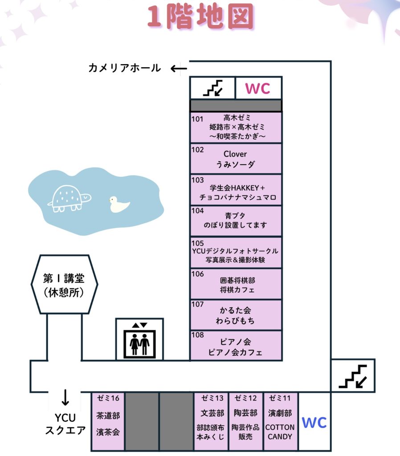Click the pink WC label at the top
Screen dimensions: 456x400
258,88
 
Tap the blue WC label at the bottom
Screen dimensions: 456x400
314,422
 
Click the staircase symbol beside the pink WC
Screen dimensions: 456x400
212,88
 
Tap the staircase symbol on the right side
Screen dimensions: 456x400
352,377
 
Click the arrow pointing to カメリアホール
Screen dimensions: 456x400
179,69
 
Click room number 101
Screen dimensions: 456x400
197,119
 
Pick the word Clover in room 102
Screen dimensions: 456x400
235,154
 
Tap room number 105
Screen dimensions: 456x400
197,243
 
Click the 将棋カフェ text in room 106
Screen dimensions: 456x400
237,290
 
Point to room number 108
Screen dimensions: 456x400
197,335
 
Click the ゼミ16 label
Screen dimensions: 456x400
108,398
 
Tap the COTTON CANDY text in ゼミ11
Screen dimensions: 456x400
280,432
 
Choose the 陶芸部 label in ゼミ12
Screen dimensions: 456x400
245,413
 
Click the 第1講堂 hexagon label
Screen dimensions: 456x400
64,279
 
